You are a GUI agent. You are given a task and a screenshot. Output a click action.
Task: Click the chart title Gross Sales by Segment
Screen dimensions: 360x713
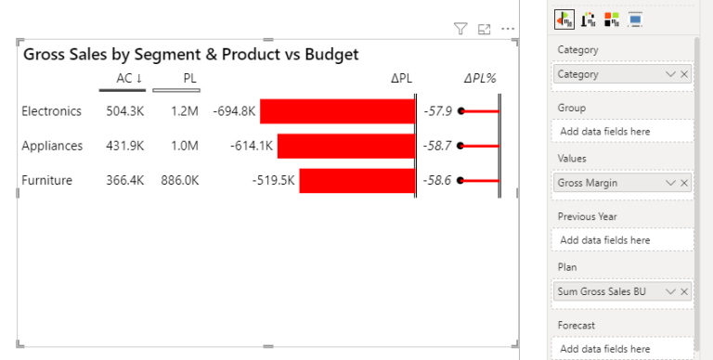(x=190, y=55)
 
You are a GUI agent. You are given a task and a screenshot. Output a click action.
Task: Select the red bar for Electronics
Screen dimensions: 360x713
(x=337, y=111)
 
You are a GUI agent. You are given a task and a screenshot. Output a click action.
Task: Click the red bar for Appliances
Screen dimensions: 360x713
(x=345, y=146)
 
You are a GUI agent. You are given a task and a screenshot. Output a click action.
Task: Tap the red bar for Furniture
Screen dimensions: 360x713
(x=356, y=180)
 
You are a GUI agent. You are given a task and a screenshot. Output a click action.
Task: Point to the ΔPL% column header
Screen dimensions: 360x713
(x=480, y=79)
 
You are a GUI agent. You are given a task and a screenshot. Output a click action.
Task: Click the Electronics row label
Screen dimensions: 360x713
(x=51, y=111)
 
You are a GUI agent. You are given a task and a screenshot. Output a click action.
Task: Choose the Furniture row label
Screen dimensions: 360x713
(x=46, y=180)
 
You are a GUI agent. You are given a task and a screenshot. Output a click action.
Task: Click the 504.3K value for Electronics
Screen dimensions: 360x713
(x=124, y=111)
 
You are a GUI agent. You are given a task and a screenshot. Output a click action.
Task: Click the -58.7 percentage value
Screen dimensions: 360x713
(x=437, y=146)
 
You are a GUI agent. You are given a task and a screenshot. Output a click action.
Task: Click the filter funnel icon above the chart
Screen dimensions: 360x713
(x=460, y=30)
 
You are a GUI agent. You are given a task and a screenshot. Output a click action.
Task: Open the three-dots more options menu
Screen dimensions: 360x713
(x=507, y=30)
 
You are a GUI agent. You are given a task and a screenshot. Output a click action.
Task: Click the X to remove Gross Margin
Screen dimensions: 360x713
(x=684, y=184)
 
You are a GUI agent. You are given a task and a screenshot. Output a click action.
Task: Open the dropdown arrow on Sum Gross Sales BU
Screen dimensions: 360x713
(x=670, y=292)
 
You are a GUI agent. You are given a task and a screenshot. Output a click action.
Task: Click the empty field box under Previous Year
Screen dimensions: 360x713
(x=623, y=240)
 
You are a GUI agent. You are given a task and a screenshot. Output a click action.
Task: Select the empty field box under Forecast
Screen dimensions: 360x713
(x=623, y=349)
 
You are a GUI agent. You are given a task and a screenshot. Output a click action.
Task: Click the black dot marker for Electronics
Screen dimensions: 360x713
(x=460, y=111)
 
